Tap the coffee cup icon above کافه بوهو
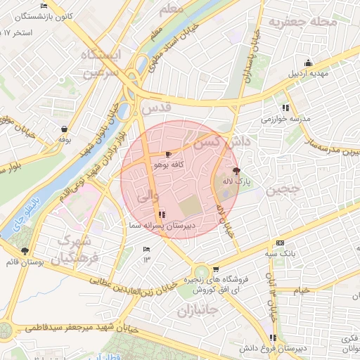coord(168,154)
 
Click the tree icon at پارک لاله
coord(236,171)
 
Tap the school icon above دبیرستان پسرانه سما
coord(162,214)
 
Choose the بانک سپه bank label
coord(280,252)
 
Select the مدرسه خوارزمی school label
coord(285,119)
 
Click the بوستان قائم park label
coord(25,262)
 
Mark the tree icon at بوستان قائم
coord(25,251)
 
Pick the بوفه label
coord(65,140)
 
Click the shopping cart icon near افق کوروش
coord(216,269)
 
